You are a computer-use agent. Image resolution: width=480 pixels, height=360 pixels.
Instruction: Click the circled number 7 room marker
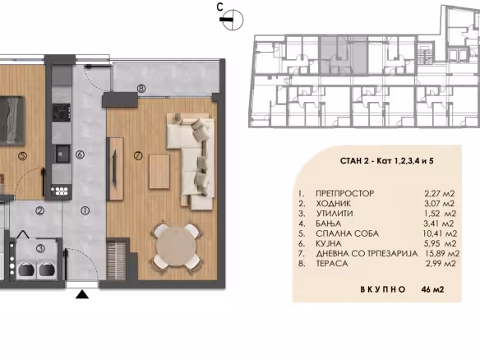click(x=138, y=156)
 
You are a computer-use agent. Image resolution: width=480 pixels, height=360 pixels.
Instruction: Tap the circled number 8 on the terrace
click(x=141, y=89)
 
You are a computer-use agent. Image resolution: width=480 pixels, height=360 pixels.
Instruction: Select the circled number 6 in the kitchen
click(x=80, y=155)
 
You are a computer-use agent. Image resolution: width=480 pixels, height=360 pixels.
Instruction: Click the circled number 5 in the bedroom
click(x=22, y=156)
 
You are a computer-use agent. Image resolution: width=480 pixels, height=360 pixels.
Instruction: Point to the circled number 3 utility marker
click(x=40, y=248)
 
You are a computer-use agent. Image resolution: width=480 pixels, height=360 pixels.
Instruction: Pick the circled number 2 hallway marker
click(x=39, y=210)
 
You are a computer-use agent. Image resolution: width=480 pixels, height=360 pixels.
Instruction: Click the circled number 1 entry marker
click(x=85, y=210)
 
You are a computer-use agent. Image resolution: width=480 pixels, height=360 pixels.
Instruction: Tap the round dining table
click(x=178, y=247)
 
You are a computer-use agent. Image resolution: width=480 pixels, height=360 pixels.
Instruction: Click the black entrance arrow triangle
click(x=82, y=294)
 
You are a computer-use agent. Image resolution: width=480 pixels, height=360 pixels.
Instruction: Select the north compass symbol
click(x=232, y=20)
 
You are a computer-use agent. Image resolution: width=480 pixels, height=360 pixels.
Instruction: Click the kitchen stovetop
click(x=61, y=113)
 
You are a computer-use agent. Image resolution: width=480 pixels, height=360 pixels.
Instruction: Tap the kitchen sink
click(x=61, y=154)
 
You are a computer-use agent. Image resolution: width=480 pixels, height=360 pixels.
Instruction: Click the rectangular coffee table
click(x=159, y=172)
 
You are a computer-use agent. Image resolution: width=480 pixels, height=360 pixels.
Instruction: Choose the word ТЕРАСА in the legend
click(x=332, y=264)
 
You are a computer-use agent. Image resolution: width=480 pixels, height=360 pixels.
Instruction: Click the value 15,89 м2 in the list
click(x=442, y=253)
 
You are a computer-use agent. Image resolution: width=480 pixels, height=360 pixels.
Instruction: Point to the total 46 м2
click(x=432, y=289)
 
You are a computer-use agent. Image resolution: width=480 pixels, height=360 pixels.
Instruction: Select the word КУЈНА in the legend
click(x=329, y=243)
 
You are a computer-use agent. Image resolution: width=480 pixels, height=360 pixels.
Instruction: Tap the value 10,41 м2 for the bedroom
click(x=440, y=233)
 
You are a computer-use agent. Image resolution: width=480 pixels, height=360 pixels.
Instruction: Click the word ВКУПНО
click(x=383, y=289)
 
